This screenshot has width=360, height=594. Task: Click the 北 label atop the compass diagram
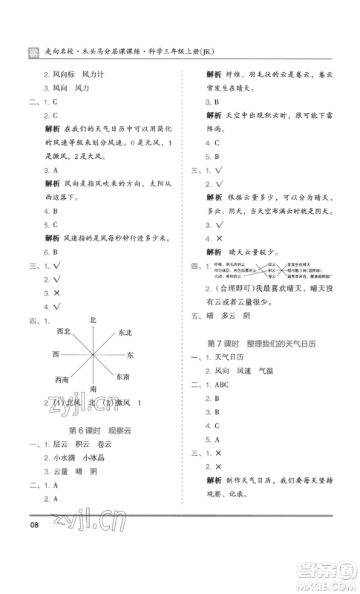pos(93,319)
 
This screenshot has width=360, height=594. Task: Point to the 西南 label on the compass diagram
pos(62,379)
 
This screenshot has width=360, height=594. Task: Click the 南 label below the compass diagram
pos(93,389)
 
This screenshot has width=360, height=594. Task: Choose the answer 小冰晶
pos(96,458)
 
